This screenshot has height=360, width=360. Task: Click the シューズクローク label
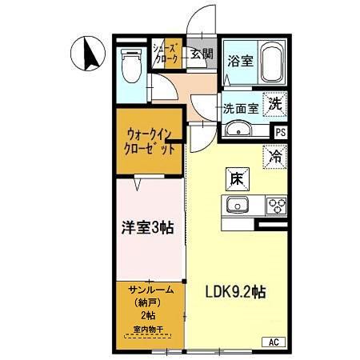[x=167, y=54]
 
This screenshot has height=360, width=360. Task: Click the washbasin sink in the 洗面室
[x=238, y=130]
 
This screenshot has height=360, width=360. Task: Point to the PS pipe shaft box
[x=279, y=132]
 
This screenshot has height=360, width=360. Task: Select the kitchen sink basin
[x=238, y=206]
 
